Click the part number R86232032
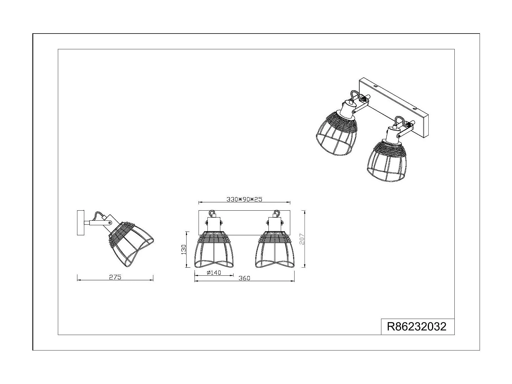click(417, 327)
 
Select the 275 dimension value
click(115, 277)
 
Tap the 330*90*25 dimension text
click(244, 199)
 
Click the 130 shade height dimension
click(184, 249)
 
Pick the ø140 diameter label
click(214, 273)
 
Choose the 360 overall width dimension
click(244, 278)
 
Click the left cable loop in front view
click(212, 213)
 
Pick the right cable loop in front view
click(276, 213)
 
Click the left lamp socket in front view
click(214, 224)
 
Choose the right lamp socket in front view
click(274, 224)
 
